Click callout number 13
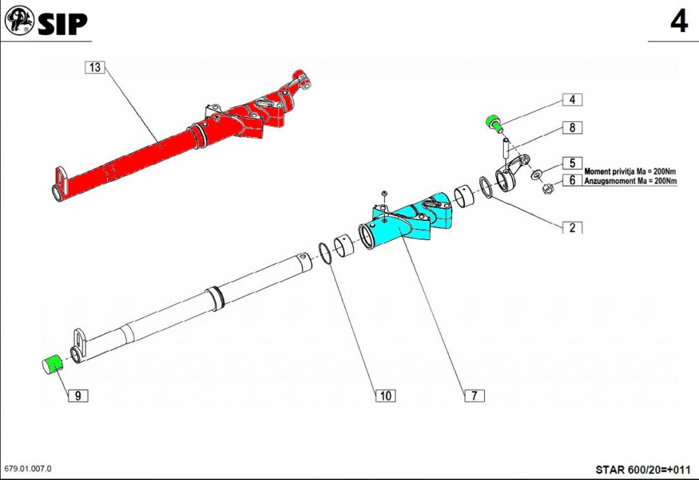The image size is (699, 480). pos(94,67)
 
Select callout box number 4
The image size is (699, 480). pos(573,100)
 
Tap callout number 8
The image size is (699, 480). pos(573,127)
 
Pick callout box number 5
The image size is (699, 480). pos(573,163)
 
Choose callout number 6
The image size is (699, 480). pos(573,180)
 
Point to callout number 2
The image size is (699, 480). pos(573,228)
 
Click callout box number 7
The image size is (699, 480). pos(474,395)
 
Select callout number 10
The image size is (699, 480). pos(386,395)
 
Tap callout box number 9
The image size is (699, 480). pos(78,395)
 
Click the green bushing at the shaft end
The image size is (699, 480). pos(53,365)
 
